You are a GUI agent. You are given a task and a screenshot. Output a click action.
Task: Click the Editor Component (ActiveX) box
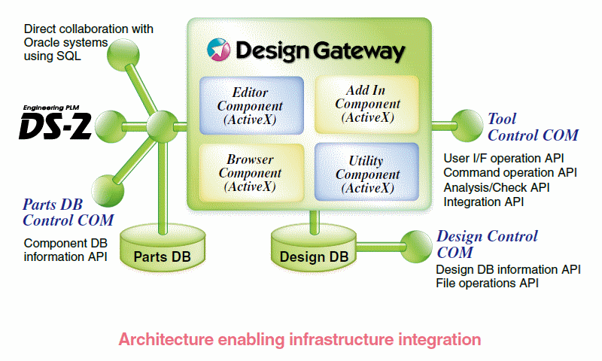pos(251,105)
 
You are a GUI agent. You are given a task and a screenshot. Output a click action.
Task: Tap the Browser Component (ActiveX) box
pos(251,172)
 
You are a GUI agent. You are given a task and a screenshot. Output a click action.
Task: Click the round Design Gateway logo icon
pos(220,50)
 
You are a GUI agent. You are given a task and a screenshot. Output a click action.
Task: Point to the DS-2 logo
pos(56,125)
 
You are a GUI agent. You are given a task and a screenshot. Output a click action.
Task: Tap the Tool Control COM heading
pos(533,127)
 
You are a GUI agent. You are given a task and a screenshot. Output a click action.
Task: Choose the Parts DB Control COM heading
pos(68,212)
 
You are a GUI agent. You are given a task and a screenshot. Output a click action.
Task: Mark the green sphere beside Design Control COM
pos(413,242)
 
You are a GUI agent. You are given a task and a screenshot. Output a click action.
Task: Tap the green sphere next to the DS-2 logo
pos(111,123)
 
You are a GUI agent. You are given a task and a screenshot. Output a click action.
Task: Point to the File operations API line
pos(487,284)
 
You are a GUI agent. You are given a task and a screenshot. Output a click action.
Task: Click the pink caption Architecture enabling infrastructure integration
pos(299,339)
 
